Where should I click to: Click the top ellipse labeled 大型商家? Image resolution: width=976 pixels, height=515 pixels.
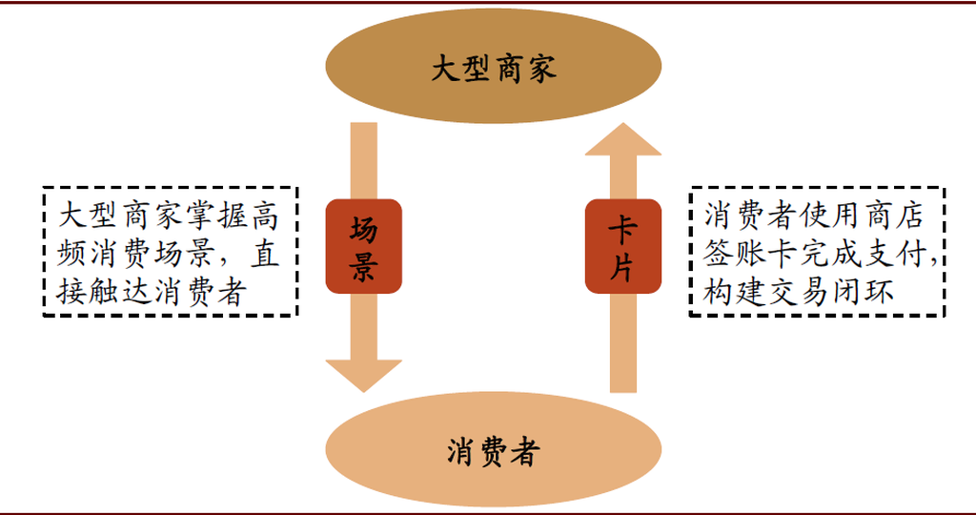493,68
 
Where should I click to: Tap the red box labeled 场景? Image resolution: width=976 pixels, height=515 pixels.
363,247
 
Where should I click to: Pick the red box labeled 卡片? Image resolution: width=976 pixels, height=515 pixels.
622,247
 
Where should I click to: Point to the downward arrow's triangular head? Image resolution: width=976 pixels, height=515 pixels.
363,374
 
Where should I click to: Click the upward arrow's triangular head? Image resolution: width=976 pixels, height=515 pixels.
622,141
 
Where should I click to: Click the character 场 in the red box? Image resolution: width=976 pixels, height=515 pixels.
363,230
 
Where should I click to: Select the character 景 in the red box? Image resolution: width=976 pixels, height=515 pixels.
363,266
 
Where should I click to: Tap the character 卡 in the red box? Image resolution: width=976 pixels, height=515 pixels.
622,230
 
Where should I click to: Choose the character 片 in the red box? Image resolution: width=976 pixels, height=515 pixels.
622,266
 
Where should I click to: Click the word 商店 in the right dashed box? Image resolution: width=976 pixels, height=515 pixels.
892,216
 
